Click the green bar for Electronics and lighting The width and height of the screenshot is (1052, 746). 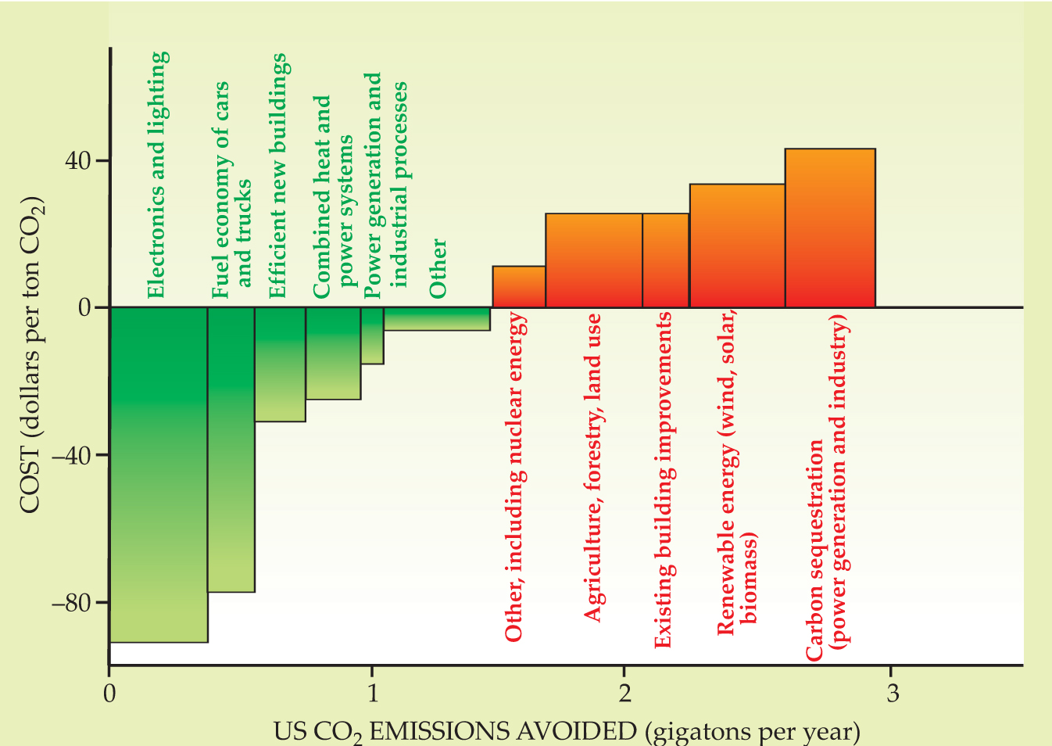pos(159,474)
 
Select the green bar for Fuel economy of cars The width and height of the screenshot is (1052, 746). pos(231,449)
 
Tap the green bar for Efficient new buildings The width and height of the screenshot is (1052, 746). pos(280,364)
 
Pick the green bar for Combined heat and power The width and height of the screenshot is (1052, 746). pos(333,353)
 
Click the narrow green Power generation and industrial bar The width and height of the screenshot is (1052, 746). pos(372,335)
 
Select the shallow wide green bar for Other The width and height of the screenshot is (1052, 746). pos(437,319)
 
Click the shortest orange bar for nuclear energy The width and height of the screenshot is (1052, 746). pos(519,287)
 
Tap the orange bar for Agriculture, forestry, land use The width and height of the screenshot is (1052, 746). pos(594,260)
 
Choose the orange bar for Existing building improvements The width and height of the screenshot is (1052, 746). pos(666,260)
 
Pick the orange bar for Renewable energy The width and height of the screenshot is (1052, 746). pos(737,246)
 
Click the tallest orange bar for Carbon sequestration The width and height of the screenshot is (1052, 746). pos(830,228)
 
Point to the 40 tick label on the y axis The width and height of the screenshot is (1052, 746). pos(77,161)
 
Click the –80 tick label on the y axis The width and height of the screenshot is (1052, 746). pos(71,603)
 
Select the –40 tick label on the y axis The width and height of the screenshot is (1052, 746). pos(71,455)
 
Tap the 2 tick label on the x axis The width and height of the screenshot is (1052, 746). pos(624,693)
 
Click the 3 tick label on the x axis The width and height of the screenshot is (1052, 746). pos(892,693)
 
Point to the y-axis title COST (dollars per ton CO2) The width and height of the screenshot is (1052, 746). pos(32,356)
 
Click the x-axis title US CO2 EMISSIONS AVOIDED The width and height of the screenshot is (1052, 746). pos(567,731)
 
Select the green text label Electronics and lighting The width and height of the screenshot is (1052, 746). pos(157,175)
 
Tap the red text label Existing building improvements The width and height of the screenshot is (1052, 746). pos(664,479)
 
